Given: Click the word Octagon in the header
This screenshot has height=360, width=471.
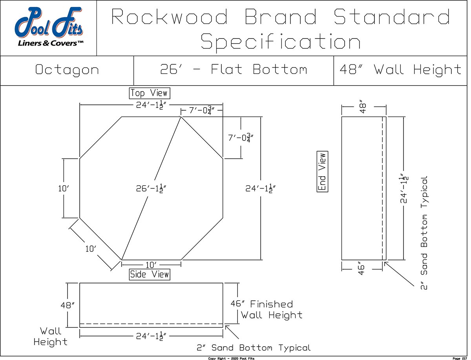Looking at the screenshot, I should coord(67,70).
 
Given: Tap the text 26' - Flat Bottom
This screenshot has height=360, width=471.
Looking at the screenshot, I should coord(234,70).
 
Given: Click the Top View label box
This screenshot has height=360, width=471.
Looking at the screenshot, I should coord(150,93).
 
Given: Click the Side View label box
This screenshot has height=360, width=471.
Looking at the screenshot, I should coord(150,274).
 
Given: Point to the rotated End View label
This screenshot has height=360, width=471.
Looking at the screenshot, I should coord(322,172).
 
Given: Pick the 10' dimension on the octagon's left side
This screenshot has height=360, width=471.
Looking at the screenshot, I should coord(64,188).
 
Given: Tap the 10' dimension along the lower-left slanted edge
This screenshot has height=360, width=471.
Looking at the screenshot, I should coord(91,249).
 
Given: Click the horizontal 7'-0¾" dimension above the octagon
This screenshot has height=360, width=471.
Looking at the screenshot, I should coord(201,111).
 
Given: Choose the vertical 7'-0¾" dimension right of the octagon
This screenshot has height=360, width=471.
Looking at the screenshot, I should coord(241,138).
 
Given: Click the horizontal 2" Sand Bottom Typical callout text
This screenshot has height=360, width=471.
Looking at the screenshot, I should coord(254,348).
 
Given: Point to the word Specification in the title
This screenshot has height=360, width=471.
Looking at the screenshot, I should coord(280,42).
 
